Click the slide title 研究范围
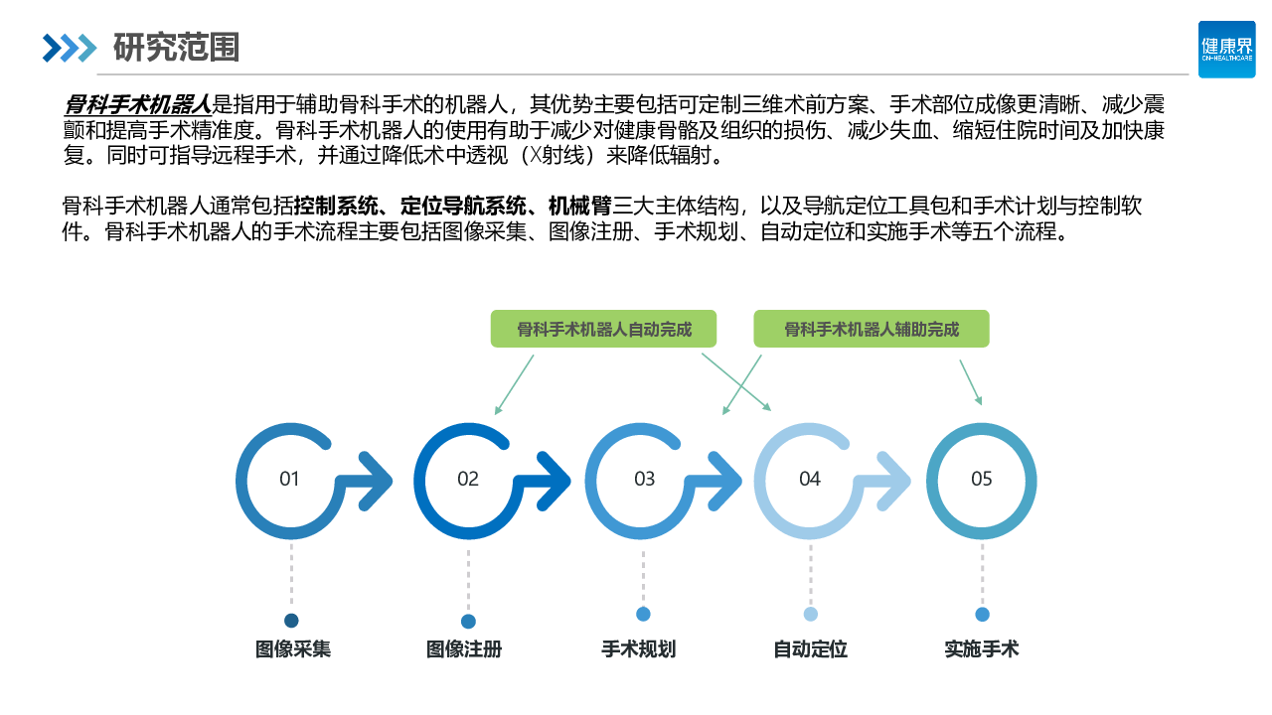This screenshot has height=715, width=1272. tap(176, 47)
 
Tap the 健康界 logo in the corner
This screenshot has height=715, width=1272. tap(1226, 49)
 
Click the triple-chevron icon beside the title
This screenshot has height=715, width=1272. tap(70, 47)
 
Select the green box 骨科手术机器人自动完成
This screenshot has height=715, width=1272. tap(604, 329)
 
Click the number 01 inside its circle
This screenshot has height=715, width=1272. tap(289, 479)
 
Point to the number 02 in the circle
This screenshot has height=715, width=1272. tap(468, 479)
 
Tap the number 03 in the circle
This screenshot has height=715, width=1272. tap(645, 479)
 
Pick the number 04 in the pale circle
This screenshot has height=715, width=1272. tap(810, 479)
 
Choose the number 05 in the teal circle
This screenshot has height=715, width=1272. tap(982, 479)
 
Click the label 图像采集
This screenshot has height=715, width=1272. tap(292, 649)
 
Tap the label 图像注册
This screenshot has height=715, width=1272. tap(464, 649)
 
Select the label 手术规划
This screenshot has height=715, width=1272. tap(639, 649)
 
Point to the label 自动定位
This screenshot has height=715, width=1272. tap(811, 649)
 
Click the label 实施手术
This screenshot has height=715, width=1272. tap(982, 649)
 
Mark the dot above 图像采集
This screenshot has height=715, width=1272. tap(291, 621)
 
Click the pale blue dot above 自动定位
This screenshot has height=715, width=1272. tap(811, 614)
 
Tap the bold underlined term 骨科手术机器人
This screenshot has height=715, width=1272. tap(137, 103)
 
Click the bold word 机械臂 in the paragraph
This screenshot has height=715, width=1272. tap(580, 207)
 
